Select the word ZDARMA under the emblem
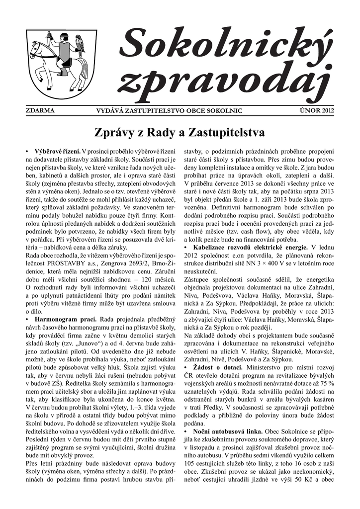coord(40,110)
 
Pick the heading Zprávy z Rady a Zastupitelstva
coord(180,133)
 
